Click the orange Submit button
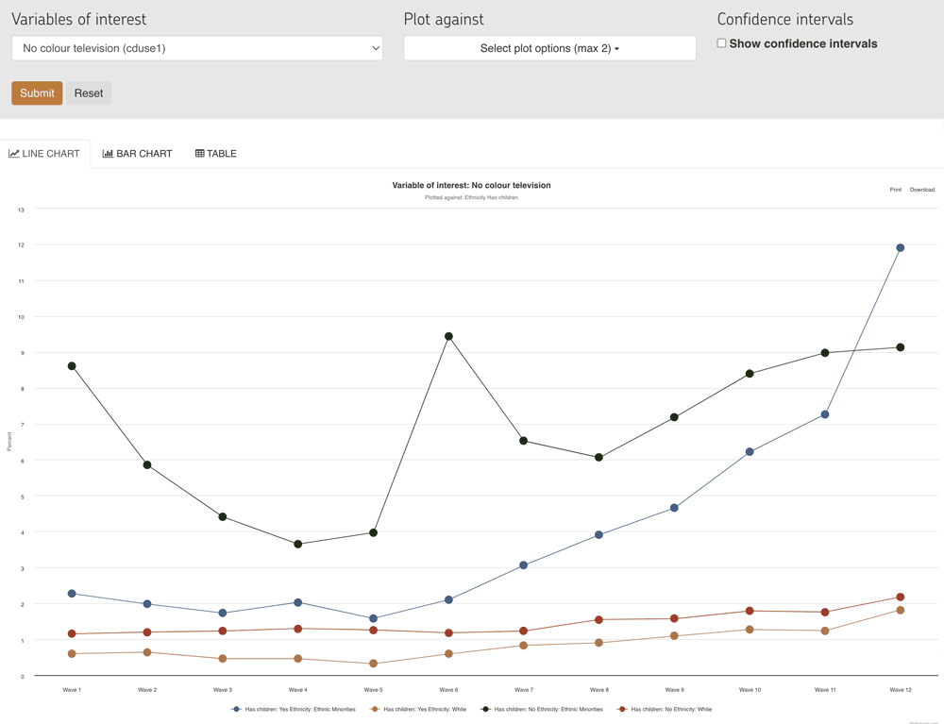click(x=37, y=93)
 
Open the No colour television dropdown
click(x=197, y=48)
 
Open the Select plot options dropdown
click(x=549, y=48)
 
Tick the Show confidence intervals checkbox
click(x=721, y=43)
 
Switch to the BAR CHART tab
click(x=138, y=154)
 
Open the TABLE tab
click(x=216, y=154)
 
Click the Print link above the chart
click(x=895, y=190)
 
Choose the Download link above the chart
click(x=921, y=190)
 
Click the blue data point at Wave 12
click(x=901, y=248)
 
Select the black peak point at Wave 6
click(x=448, y=336)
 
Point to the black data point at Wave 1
click(x=72, y=366)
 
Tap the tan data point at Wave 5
click(x=374, y=664)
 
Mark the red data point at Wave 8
click(x=599, y=620)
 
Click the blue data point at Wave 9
click(x=674, y=508)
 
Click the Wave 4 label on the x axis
click(x=298, y=690)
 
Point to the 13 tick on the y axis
click(x=21, y=210)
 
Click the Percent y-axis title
click(x=9, y=441)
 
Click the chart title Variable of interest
click(x=471, y=185)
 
